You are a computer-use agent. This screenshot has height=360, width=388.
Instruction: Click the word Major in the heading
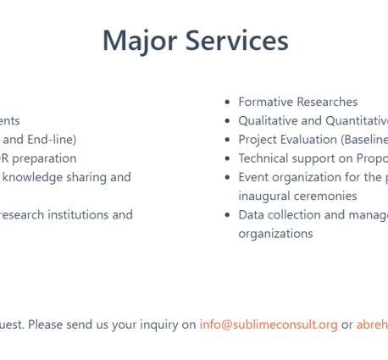click(140, 42)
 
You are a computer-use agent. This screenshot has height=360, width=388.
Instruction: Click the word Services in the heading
click(237, 41)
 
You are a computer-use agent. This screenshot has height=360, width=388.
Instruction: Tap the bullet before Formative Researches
click(227, 102)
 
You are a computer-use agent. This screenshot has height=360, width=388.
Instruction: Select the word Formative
click(266, 102)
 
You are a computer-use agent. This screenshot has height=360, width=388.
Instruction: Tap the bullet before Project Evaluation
click(227, 140)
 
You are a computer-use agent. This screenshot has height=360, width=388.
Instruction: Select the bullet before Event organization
click(227, 178)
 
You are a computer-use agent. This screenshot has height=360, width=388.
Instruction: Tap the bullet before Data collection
click(227, 215)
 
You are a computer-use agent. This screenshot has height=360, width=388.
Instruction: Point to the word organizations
click(275, 234)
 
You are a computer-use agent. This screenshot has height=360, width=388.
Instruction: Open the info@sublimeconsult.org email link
click(269, 324)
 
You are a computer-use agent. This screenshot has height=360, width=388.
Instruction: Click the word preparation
click(44, 158)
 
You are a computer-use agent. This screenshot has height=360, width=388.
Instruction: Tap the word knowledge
click(32, 177)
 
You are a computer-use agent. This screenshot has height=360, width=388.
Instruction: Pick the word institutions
click(78, 215)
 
